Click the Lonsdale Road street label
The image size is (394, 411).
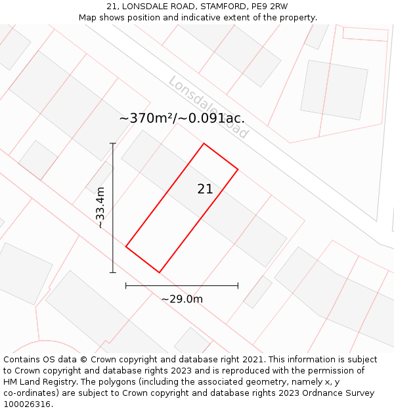208,107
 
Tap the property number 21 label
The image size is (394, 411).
205,189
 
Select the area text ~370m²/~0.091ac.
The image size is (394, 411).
182,118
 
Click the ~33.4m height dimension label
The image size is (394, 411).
100,207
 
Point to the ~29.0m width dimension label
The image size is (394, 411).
182,299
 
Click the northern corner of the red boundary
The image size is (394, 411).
204,143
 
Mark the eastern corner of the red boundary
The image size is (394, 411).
238,170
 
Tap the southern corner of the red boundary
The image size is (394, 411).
159,272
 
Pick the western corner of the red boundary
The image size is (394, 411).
125,247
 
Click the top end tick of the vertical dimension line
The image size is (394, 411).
113,143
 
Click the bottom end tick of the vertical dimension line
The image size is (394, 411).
113,272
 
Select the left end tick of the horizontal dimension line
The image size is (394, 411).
125,285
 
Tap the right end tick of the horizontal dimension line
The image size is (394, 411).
238,285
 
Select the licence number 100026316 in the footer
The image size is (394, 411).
26,404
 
